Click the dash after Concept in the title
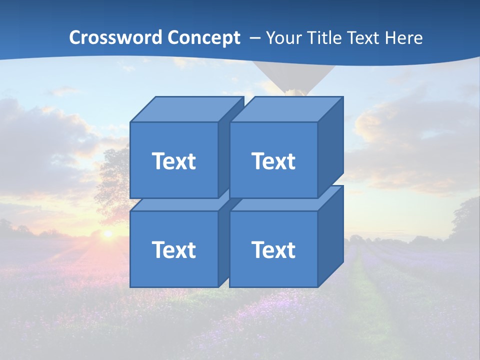pos(254,38)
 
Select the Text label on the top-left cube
pos(174,161)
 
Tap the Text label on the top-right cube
pos(273,161)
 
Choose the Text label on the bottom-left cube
pos(174,249)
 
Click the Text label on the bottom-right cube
pos(273,249)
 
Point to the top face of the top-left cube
pos(186,109)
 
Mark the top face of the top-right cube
pos(286,109)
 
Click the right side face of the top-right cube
pos(330,147)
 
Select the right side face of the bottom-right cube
pos(330,236)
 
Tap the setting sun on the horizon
pos(107,233)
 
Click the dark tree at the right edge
pos(467,220)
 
